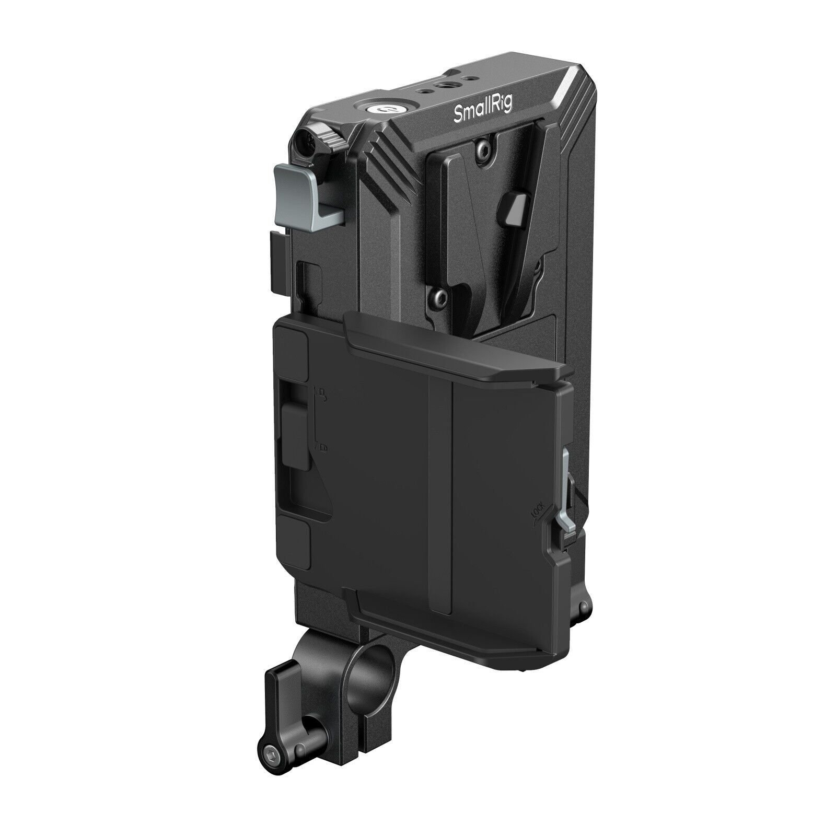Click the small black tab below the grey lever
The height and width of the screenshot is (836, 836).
coord(279,261)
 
